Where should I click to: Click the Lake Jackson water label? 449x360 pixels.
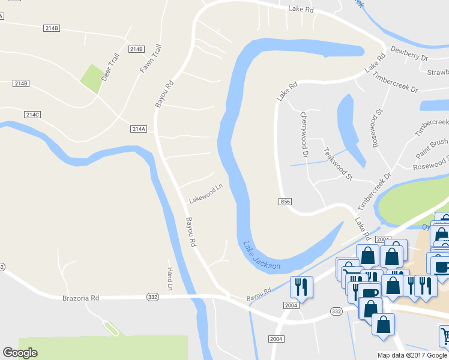[262, 256]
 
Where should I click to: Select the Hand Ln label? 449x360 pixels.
[170, 280]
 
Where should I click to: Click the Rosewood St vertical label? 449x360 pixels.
[377, 129]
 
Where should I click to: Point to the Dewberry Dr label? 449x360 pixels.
[408, 53]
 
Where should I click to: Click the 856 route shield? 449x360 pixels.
[285, 202]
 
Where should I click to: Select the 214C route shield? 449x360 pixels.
[33, 114]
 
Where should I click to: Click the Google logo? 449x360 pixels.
[20, 353]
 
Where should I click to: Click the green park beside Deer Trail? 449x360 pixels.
[92, 79]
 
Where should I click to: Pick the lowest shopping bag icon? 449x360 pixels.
[383, 324]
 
